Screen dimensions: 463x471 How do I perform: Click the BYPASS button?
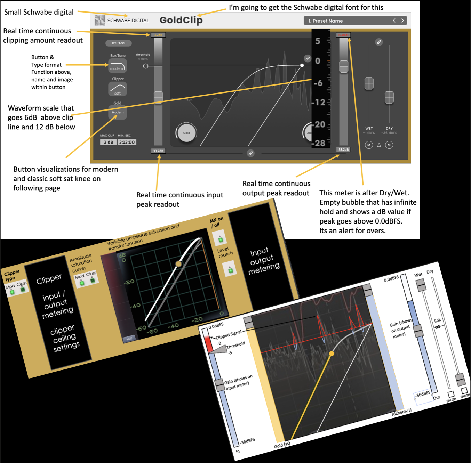118,43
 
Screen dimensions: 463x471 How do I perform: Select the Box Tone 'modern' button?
118,66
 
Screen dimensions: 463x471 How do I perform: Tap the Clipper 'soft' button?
118,89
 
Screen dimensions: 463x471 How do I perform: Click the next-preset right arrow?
402,21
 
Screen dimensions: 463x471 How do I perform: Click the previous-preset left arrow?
394,21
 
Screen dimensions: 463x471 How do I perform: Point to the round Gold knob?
186,133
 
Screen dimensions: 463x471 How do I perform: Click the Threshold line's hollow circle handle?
146,66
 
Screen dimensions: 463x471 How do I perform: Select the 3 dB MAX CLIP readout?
108,142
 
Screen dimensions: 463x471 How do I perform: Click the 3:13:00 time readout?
127,142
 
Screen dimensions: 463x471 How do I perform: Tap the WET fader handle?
369,83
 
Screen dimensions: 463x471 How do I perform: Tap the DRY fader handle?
389,97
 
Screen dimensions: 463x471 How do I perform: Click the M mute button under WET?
369,145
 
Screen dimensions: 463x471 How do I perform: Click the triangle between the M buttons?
379,145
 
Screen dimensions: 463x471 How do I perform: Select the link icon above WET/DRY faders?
379,42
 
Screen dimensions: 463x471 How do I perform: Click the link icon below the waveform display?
250,153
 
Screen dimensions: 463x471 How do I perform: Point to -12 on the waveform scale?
319,103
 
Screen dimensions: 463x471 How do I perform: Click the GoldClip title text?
181,20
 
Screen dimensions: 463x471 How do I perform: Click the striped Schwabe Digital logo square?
100,21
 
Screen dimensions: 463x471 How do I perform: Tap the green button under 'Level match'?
230,269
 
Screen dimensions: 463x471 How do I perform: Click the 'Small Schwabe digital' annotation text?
39,12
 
